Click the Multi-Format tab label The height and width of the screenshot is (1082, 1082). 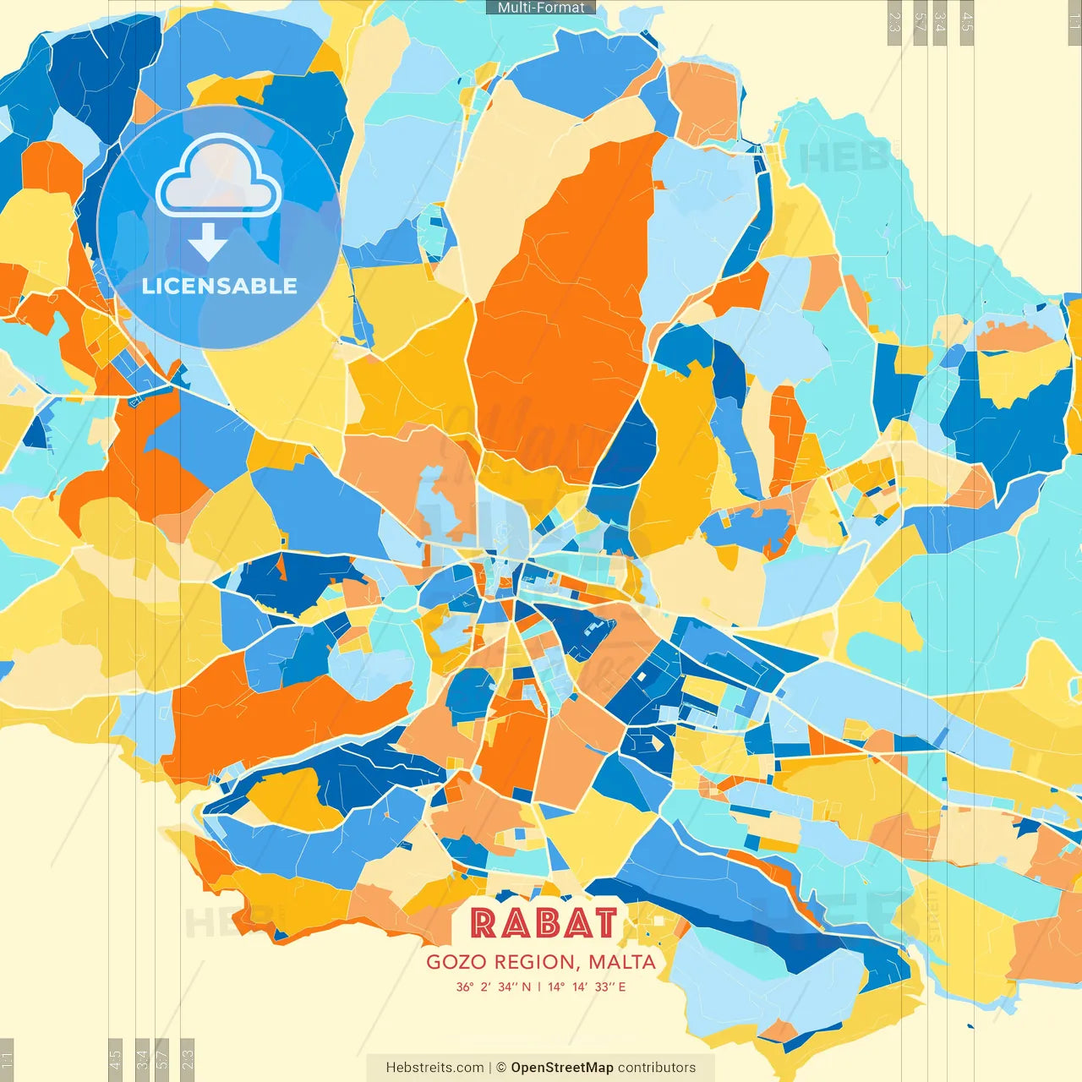click(x=541, y=8)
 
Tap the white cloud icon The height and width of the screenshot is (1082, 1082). click(x=219, y=179)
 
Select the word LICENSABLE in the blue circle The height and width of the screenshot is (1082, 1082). click(x=220, y=286)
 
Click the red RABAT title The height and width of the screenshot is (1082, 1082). click(x=544, y=923)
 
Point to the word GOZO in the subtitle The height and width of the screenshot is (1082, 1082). click(x=456, y=962)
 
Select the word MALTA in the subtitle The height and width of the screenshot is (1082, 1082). click(x=622, y=962)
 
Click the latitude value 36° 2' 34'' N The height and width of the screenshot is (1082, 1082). click(x=494, y=986)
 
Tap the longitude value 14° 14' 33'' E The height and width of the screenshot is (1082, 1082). click(x=587, y=986)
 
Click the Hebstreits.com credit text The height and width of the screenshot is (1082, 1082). click(x=434, y=1068)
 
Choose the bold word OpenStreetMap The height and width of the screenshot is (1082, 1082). click(x=562, y=1068)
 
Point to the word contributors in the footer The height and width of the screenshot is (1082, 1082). click(x=657, y=1068)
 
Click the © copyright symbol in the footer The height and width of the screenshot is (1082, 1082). click(x=501, y=1068)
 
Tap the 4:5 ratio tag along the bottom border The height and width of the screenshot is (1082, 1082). click(x=116, y=1059)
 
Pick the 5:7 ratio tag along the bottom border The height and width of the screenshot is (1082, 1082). click(x=162, y=1059)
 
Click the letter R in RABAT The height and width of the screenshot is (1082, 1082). click(x=484, y=923)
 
